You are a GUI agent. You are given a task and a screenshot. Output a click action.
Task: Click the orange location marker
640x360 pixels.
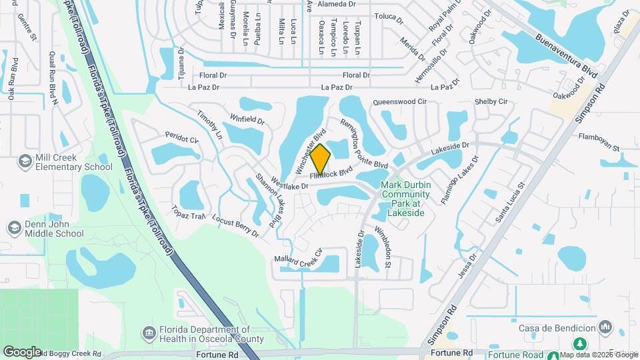pos(320,159)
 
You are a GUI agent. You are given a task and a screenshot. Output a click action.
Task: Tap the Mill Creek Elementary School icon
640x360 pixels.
pos(25,162)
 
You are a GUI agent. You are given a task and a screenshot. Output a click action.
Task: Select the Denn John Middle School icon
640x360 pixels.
pos(13,229)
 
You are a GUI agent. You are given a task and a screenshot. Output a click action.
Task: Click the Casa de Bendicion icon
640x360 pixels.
pos(605,327)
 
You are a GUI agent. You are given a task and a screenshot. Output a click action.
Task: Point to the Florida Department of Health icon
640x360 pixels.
pos(149,333)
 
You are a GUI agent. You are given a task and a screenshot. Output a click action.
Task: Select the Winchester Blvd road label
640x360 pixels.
pos(313,142)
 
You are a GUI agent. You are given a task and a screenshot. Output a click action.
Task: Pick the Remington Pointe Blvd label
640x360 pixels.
pos(363,144)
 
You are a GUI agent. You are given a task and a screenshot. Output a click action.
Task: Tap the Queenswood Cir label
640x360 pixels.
pos(399,102)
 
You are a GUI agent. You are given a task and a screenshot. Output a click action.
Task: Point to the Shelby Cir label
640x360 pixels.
pos(491,101)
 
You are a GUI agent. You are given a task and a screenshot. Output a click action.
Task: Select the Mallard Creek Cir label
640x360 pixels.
pos(298,257)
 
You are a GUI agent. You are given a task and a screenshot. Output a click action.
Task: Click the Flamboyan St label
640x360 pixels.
pos(599,139)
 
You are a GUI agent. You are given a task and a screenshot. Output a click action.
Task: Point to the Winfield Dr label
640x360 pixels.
pos(247,120)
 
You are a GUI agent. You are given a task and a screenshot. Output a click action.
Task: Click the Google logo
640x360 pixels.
pos(22,351)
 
